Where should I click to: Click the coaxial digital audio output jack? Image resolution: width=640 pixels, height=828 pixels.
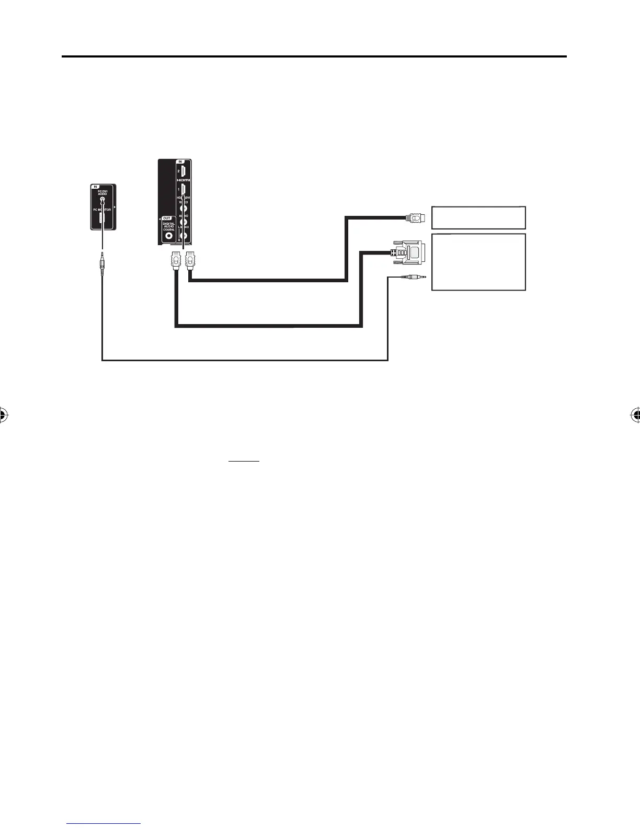click(x=169, y=236)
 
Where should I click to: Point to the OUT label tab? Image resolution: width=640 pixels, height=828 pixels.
click(x=167, y=217)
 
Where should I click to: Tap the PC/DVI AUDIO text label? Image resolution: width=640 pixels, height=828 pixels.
click(x=102, y=192)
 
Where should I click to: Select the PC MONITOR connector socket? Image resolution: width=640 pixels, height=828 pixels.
click(x=102, y=220)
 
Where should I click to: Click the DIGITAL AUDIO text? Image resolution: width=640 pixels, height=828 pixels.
click(x=168, y=226)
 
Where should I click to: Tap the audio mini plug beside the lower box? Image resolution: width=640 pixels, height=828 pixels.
click(x=413, y=278)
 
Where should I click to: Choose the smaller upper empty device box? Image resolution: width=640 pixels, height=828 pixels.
click(x=478, y=217)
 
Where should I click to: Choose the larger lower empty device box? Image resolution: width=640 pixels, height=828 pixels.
click(x=478, y=262)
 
